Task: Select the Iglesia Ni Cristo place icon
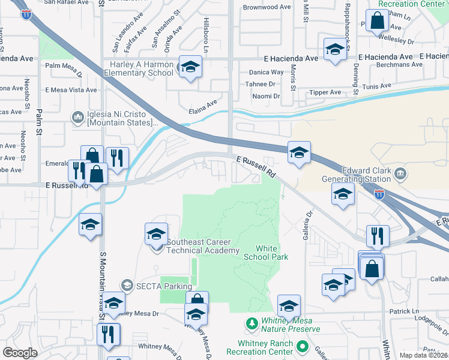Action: coord(77,116)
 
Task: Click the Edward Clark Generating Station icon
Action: coord(400,174)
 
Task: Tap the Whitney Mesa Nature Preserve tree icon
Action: coord(252,325)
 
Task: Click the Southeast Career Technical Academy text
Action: coord(203,247)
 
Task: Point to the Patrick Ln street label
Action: coord(403,311)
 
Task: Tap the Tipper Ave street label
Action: coord(324,92)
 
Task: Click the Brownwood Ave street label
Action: coord(267,8)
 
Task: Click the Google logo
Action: coord(20,353)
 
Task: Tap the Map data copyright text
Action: coord(424,355)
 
